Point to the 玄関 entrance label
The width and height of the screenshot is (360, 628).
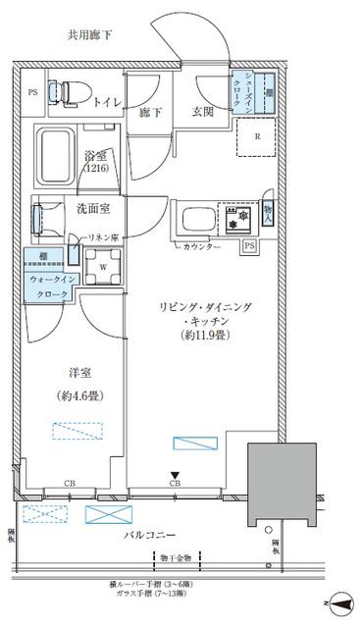[203, 112]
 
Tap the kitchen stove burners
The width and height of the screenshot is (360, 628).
[237, 216]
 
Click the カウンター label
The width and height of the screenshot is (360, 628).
[200, 246]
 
